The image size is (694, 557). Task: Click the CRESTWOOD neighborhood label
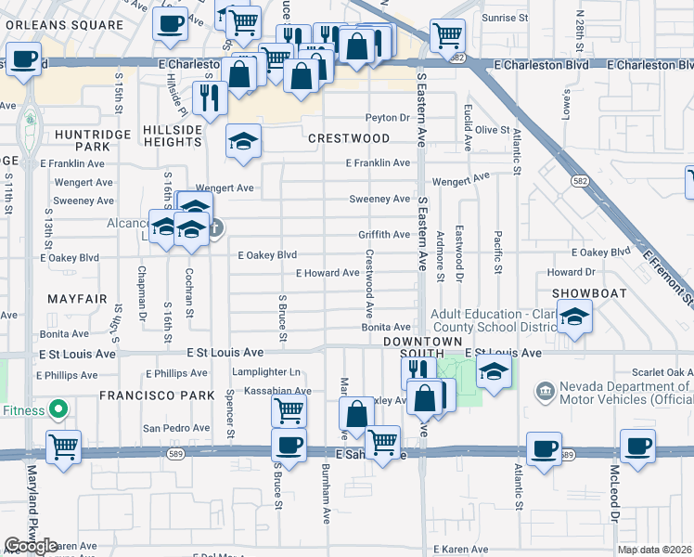[x=349, y=138]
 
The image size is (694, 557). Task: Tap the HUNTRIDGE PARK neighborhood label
[x=82, y=140]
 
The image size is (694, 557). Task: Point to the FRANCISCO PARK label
[x=144, y=395]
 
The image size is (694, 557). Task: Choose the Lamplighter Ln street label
[x=269, y=372]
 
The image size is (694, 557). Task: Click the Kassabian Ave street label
[x=277, y=391]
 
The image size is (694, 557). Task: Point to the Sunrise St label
[x=507, y=18]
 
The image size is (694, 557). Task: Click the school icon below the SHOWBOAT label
[x=575, y=320]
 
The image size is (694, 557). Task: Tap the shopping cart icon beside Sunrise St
[x=447, y=35]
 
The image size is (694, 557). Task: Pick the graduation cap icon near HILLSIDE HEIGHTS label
[x=244, y=141]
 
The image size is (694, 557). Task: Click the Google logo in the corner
[x=31, y=546]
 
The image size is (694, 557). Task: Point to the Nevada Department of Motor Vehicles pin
[x=543, y=389]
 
